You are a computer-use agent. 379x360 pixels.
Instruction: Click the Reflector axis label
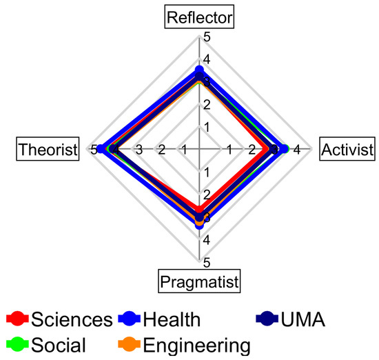199,17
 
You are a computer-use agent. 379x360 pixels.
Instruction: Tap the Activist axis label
348,148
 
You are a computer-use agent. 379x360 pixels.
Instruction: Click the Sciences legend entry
59,319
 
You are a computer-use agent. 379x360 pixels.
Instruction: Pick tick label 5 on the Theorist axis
94,150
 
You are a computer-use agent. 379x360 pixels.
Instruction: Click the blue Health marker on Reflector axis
199,70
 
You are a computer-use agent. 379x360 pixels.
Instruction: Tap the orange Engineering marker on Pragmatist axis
199,223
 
